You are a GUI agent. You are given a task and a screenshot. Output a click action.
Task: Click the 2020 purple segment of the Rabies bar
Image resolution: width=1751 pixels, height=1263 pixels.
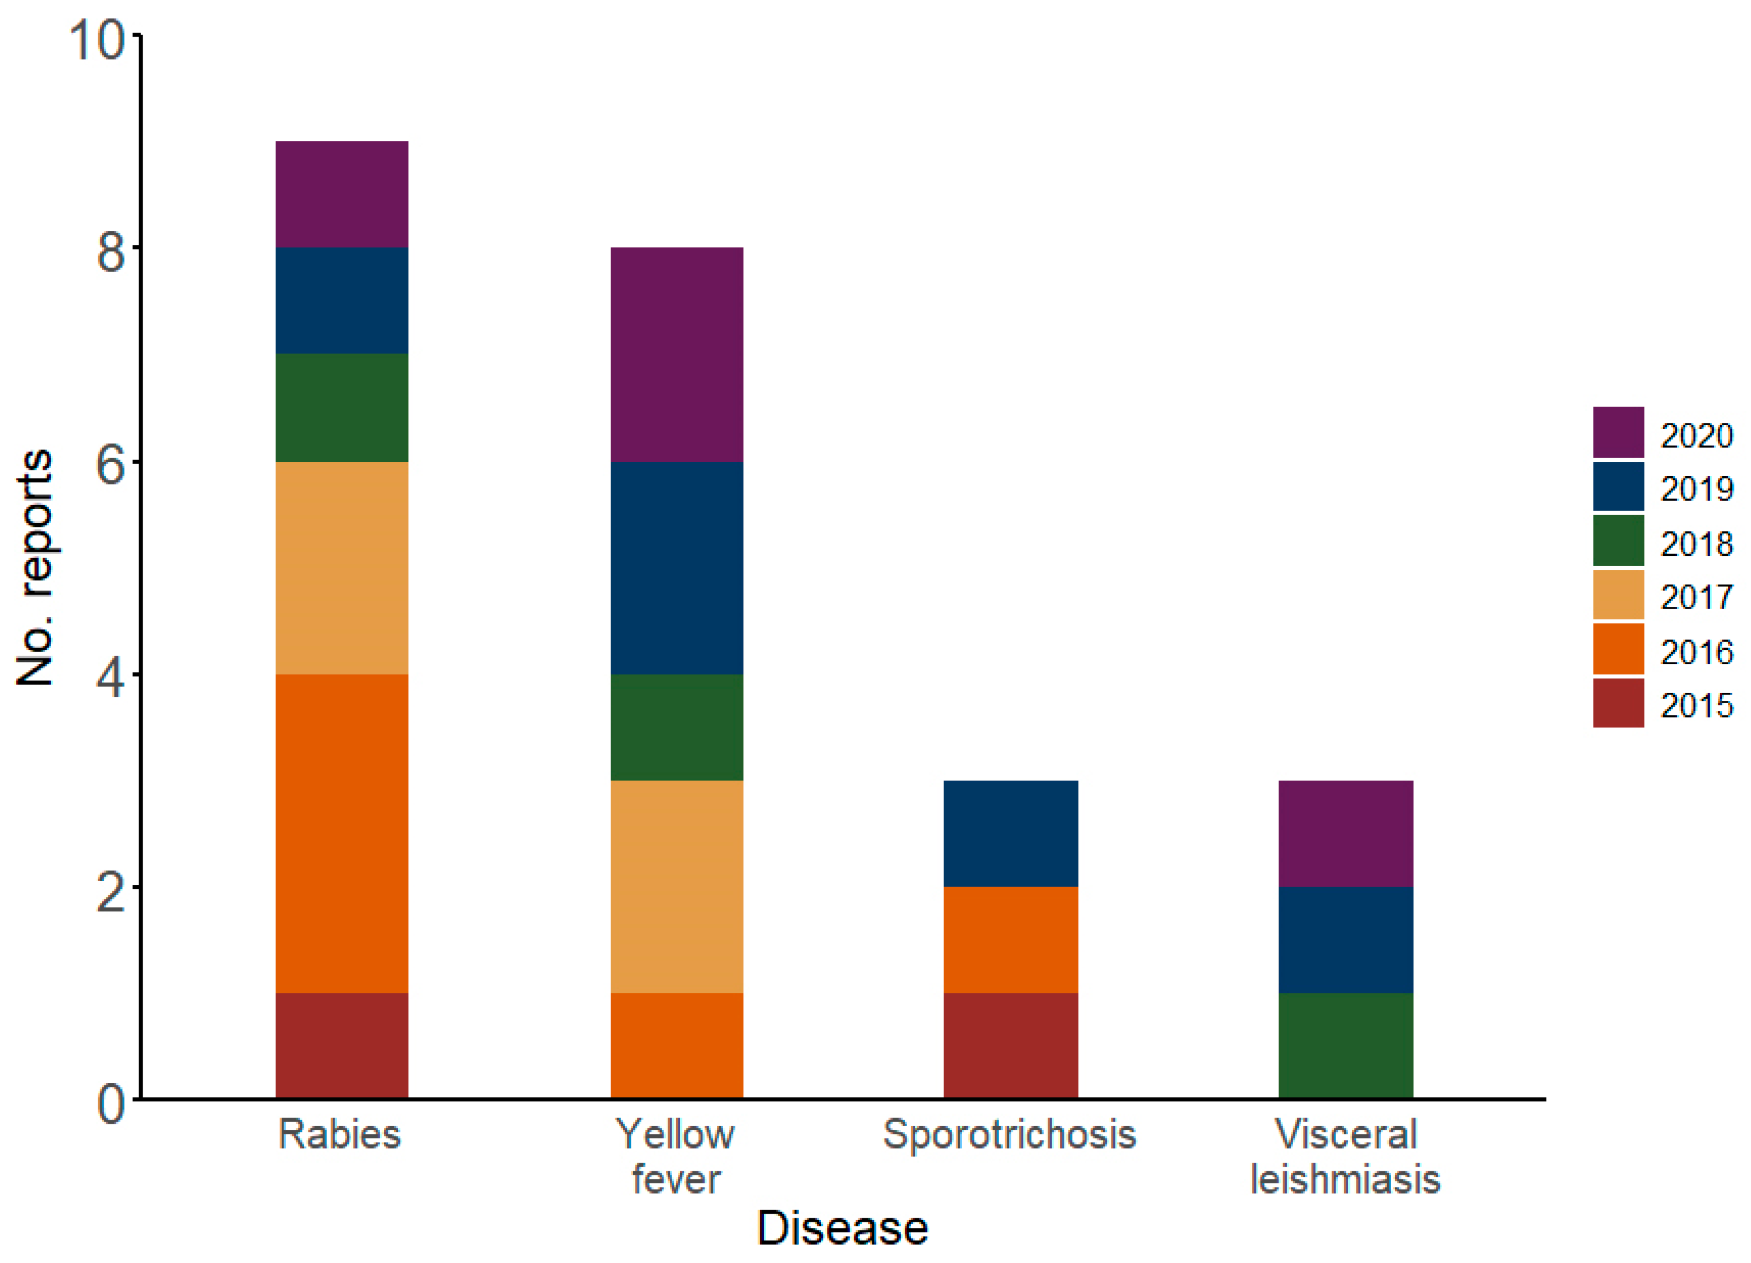[x=341, y=194]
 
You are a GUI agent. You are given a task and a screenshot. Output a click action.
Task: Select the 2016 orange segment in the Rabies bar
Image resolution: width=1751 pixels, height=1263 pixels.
[x=341, y=833]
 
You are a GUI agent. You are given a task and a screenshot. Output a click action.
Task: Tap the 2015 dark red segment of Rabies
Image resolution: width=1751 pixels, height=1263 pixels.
[x=341, y=1045]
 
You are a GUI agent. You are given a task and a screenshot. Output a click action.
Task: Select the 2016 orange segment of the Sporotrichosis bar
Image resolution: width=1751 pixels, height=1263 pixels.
[x=1011, y=940]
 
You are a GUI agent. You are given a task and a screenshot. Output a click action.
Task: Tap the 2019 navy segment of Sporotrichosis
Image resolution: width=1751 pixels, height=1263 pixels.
[x=1011, y=833]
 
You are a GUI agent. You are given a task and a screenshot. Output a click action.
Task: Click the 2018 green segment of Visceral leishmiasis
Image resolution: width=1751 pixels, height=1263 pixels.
[x=1346, y=1045]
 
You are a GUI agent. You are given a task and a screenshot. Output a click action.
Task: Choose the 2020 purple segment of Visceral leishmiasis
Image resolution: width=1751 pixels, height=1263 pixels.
[x=1346, y=833]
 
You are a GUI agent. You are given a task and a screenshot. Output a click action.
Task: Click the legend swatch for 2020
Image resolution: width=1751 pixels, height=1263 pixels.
[x=1618, y=432]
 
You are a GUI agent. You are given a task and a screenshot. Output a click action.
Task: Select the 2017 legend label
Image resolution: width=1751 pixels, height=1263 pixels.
[x=1697, y=597]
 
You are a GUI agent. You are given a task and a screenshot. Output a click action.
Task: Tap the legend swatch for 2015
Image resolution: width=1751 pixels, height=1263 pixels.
[x=1618, y=703]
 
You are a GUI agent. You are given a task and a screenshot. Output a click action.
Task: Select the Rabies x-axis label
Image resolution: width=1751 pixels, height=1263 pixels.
[x=340, y=1135]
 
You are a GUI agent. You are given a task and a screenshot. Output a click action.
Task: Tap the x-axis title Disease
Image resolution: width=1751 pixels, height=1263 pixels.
[x=842, y=1227]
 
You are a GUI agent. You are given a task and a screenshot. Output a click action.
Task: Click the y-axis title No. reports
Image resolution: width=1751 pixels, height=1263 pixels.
[x=35, y=567]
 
